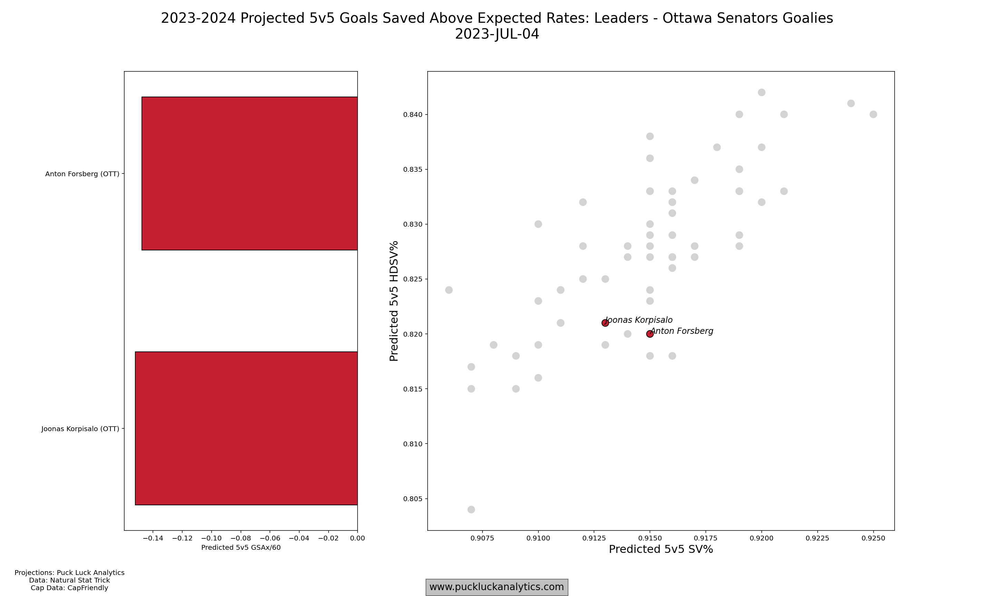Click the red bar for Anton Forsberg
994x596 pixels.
point(249,173)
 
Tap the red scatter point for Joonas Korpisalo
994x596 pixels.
point(605,323)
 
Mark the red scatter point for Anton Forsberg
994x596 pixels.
point(650,334)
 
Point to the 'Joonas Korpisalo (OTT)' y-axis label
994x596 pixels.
point(80,429)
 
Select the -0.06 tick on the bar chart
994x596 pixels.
point(270,538)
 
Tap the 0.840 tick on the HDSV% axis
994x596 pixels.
point(413,115)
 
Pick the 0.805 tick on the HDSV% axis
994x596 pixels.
point(413,499)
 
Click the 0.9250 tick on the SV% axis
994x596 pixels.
point(873,538)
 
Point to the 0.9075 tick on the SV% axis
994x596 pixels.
point(482,538)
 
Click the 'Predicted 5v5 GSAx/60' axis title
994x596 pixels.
point(241,547)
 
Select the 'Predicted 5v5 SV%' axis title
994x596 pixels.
point(661,549)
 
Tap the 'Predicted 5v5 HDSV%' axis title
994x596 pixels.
point(394,301)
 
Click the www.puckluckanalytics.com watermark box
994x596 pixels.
point(497,587)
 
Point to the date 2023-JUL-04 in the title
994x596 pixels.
point(497,34)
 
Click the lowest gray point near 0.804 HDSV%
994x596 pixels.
point(471,510)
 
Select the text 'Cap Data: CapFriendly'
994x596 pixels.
point(69,588)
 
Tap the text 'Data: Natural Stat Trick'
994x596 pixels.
point(69,580)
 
